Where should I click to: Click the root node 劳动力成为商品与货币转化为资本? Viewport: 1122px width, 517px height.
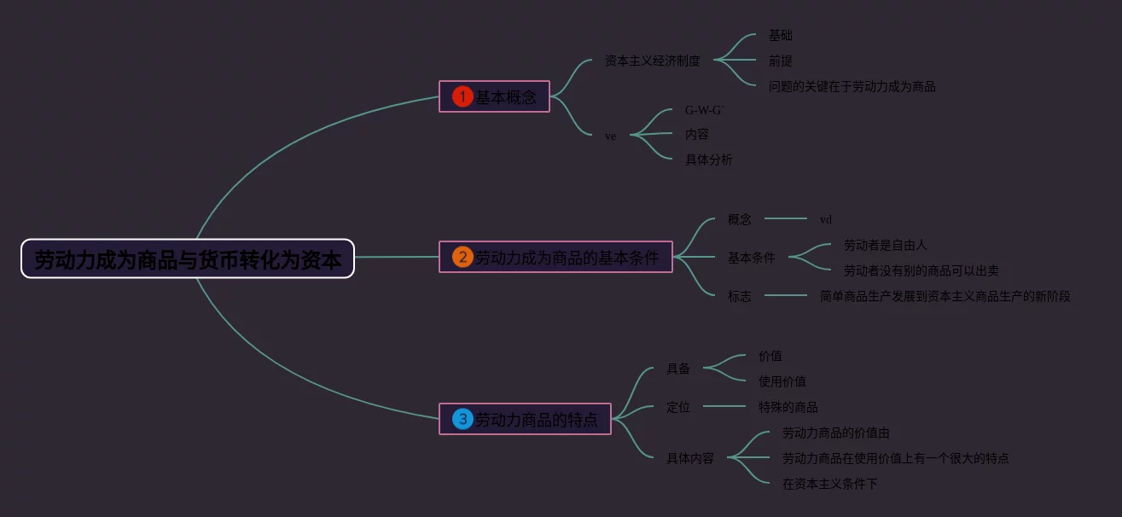pos(188,258)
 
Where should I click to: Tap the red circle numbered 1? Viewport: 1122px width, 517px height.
pos(462,96)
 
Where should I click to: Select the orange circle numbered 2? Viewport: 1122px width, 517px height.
pos(462,257)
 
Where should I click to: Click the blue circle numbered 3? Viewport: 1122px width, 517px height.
pos(462,419)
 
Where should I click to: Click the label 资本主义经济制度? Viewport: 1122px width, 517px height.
pos(652,61)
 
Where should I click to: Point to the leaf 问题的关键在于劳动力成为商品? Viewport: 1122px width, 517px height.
pos(852,86)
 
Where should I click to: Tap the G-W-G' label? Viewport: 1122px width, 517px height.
pos(704,110)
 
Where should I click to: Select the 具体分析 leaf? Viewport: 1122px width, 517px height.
pos(708,160)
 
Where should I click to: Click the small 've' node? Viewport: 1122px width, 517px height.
pos(610,136)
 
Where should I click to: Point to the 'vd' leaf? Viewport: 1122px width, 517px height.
pos(825,219)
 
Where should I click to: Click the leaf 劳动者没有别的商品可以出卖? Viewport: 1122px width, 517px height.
pos(921,270)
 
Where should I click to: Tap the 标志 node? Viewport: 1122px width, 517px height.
pos(739,296)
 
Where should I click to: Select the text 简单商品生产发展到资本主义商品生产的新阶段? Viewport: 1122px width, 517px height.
pos(945,296)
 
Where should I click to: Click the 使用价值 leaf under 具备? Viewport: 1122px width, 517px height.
pos(782,381)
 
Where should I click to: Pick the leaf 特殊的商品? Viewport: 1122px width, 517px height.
pos(788,407)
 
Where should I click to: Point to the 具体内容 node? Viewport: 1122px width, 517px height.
pos(689,458)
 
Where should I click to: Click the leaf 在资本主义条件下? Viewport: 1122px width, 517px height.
pos(829,484)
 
